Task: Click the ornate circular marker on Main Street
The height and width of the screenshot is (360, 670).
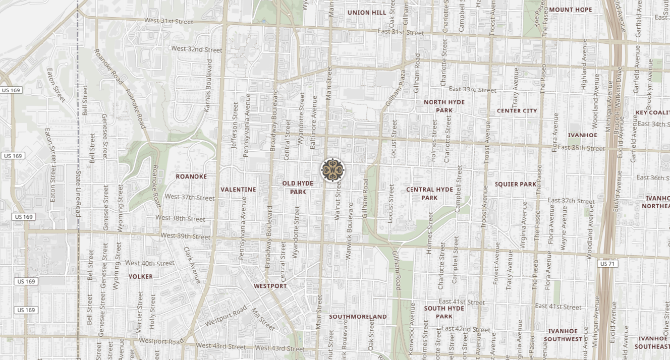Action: [x=333, y=170]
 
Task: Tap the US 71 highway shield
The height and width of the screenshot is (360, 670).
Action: [x=607, y=264]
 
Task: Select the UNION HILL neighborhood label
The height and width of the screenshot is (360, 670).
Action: [x=367, y=13]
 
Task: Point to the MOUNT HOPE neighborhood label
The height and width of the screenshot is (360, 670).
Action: [x=570, y=10]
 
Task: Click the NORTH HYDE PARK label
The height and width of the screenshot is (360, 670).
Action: [x=444, y=106]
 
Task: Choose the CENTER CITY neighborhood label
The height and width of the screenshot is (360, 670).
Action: [x=517, y=111]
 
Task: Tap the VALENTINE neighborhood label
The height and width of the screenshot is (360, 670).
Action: [x=238, y=190]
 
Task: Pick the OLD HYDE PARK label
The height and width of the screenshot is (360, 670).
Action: [x=298, y=188]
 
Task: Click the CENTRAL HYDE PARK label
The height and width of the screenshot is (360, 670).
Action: [x=429, y=194]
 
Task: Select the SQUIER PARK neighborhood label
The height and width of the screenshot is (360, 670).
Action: [x=515, y=185]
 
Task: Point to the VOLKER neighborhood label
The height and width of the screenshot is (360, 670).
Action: [x=140, y=277]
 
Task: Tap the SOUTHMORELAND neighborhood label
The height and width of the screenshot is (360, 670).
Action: [x=358, y=317]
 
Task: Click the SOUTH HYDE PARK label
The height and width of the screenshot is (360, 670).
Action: [x=444, y=312]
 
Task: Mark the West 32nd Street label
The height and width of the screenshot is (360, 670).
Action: [x=197, y=49]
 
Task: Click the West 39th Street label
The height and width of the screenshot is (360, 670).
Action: [x=186, y=236]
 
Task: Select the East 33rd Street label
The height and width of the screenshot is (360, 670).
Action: [x=472, y=90]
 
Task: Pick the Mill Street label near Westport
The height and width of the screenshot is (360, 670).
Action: [x=263, y=319]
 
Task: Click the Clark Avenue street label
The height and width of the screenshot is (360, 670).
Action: [x=192, y=265]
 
